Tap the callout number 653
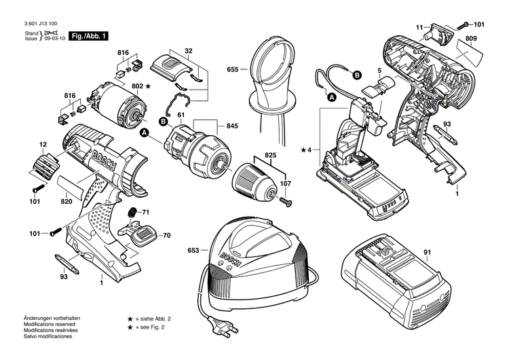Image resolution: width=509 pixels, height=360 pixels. (x=193, y=251)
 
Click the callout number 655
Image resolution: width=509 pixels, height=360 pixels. (x=233, y=69)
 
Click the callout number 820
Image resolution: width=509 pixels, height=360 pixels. (x=66, y=201)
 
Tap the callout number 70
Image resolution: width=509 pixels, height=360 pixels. (x=166, y=236)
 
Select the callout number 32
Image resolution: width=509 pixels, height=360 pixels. (x=189, y=50)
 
